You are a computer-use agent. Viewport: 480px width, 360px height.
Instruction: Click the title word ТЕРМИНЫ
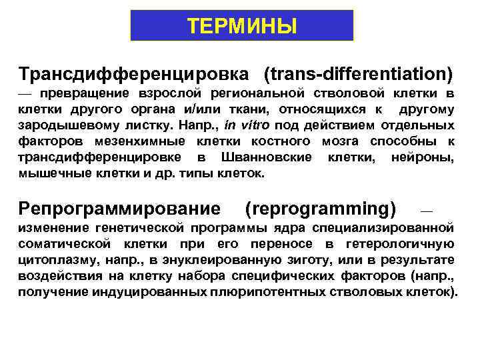pos(241,25)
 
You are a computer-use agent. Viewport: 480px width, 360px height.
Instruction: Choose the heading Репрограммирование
pos(120,209)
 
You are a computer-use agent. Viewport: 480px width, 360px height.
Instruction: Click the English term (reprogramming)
pos(320,209)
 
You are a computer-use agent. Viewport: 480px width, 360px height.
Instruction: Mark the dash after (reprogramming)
pos(427,210)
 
